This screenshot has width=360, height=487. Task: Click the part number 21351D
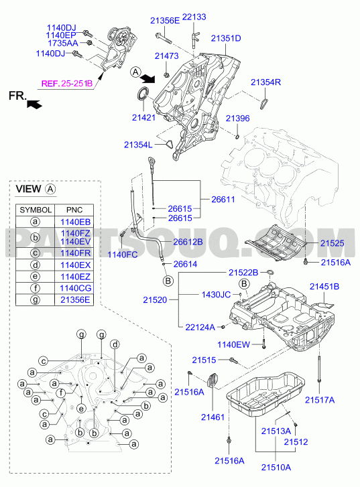pos(226,38)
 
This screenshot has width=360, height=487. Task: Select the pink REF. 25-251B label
pos(67,84)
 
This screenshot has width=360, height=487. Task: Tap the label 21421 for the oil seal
pos(143,117)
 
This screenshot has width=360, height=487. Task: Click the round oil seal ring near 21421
pos(143,94)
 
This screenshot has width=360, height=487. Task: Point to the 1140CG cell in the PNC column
pos(76,288)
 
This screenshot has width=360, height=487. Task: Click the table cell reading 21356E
pos(75,299)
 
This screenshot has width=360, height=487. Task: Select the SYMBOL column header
pos(36,210)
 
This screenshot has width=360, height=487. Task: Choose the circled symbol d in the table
pos(36,265)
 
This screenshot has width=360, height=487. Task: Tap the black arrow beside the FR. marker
pos(34,104)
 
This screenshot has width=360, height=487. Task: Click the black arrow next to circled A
pos(147,78)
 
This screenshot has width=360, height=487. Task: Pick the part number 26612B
pos(188,242)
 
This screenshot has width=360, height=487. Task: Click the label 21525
pos(333,243)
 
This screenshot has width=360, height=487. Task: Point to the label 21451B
pos(324,286)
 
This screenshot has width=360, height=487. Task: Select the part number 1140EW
pos(233,344)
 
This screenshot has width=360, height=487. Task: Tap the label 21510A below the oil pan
pos(276,468)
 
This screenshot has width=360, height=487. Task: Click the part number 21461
pos(213,417)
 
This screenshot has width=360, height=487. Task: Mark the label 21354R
pos(265,82)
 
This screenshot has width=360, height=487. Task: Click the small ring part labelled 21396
pos(237,137)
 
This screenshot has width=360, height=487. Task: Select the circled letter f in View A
pos(61,393)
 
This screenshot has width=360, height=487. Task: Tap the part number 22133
pos(194,17)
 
